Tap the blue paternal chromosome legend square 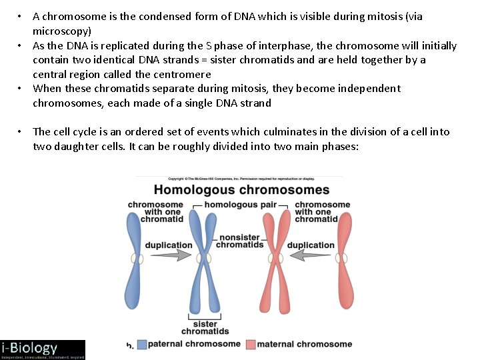coord(141,345)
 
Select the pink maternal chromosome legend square coord(251,345)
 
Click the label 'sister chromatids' coord(205,327)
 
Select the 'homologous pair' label coord(240,205)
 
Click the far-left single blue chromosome coord(137,257)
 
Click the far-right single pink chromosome coord(345,257)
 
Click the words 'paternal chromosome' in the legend coord(194,345)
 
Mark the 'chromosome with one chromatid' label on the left coord(155,212)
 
